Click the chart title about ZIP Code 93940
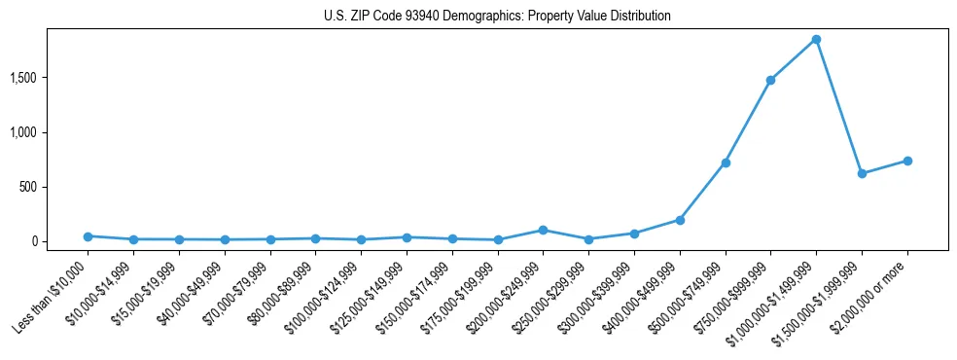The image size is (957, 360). point(497,17)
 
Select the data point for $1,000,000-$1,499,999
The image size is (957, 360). point(816,40)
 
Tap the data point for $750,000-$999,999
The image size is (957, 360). point(770,80)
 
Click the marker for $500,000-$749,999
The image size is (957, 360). point(725,162)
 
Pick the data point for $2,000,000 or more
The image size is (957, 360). point(907,161)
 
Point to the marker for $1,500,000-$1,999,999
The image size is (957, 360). point(862,173)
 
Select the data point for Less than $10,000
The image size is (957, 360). point(88,236)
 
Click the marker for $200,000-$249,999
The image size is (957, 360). point(543,230)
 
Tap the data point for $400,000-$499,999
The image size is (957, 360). point(680,220)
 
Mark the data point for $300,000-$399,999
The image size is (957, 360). point(634,234)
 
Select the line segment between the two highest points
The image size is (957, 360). point(793,60)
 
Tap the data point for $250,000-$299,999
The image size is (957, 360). point(588,239)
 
